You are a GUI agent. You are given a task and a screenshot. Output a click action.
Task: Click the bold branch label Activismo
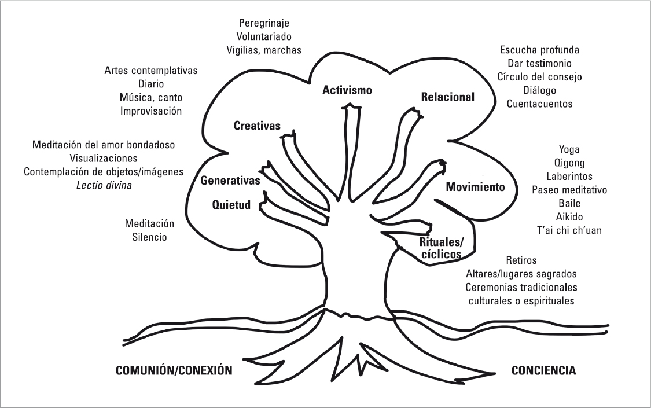pos(347,90)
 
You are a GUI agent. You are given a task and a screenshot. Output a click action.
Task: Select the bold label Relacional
pos(447,97)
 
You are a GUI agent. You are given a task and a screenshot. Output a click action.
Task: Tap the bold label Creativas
pos(257,126)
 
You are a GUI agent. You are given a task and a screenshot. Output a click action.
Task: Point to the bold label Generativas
pos(230,181)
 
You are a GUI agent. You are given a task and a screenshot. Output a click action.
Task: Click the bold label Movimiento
pos(476,187)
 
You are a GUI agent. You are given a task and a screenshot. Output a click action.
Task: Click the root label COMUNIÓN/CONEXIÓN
pos(174,370)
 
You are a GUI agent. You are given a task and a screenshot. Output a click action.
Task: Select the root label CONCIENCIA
pos(544,370)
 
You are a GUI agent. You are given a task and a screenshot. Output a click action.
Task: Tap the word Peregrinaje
pos(264,24)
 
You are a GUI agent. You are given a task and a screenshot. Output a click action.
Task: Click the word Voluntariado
pos(264,36)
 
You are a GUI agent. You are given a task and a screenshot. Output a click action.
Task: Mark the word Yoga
pos(569,150)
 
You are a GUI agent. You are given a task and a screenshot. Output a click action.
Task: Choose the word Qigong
pos(569,163)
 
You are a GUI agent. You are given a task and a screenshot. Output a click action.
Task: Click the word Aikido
pos(569,217)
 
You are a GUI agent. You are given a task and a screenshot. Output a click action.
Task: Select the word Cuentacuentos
pos(539,104)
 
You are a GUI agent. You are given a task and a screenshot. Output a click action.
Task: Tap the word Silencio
pos(149,237)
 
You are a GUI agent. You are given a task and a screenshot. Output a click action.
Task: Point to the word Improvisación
pos(151,110)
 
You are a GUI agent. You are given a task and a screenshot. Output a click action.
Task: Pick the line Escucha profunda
pos(539,50)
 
